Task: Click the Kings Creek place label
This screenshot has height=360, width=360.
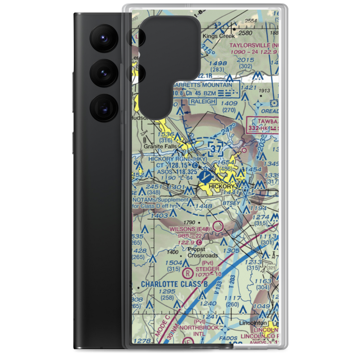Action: pos(219,36)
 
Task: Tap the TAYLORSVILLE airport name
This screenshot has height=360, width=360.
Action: pos(254,46)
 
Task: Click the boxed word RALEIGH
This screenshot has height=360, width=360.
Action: pos(202,102)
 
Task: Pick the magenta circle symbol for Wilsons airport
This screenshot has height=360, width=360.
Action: pos(218,226)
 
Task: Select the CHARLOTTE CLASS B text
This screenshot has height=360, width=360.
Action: pos(174,284)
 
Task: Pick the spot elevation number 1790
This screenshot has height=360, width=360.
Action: pos(189,222)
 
